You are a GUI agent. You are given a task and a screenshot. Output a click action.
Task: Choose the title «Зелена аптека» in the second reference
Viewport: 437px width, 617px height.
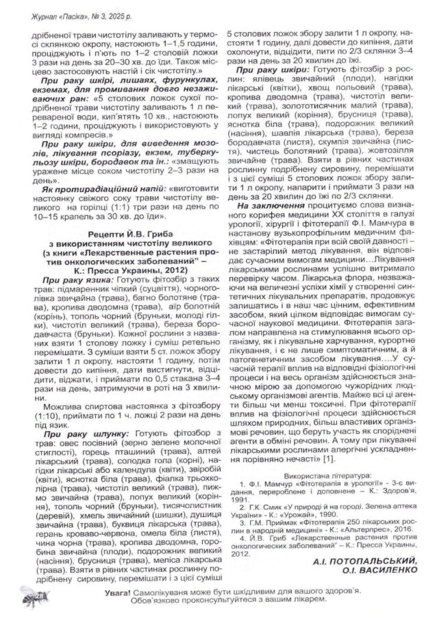tap(385, 506)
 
